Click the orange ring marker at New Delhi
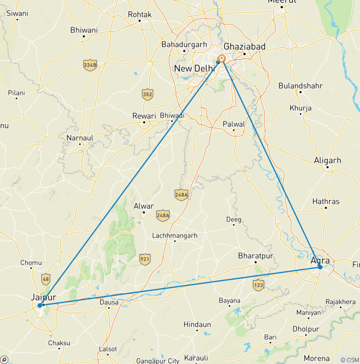pos(222,59)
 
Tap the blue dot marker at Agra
pos(320,267)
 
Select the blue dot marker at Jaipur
pos(40,305)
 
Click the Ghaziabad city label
pos(244,46)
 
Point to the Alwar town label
pos(143,206)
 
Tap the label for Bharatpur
pos(255,256)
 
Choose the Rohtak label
pos(140,15)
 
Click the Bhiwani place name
pos(83,30)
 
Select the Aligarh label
pos(328,160)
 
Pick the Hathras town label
pos(326,202)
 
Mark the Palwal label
pos(234,124)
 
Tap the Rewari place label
pos(144,116)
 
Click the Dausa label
pos(109,303)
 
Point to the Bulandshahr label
pos(300,86)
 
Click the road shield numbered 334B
pos(90,65)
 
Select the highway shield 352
pos(148,94)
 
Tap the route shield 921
pos(145,259)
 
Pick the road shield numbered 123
pos(258,284)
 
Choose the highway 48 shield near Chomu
pos(45,279)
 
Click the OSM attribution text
pos(350,359)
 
